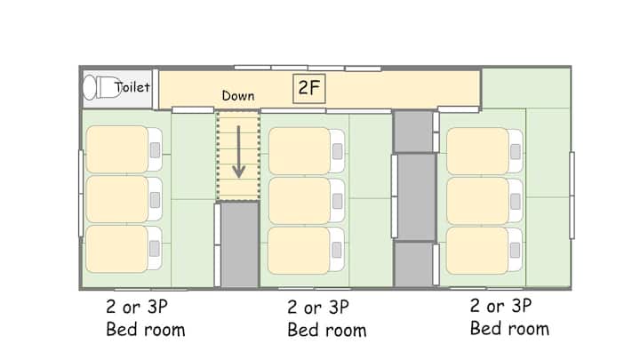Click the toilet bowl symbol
pyautogui.click(x=102, y=87)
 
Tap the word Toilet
pyautogui.click(x=132, y=87)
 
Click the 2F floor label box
pyautogui.click(x=309, y=88)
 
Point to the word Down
pyautogui.click(x=238, y=96)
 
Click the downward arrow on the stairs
pyautogui.click(x=239, y=152)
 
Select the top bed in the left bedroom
pyautogui.click(x=124, y=149)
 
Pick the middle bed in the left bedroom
pyautogui.click(x=124, y=199)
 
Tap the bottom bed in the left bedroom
pyautogui.click(x=124, y=249)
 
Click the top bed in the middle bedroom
pyautogui.click(x=307, y=151)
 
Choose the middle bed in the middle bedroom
pyautogui.click(x=307, y=201)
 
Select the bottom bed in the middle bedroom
pyautogui.click(x=306, y=250)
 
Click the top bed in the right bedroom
pyautogui.click(x=484, y=151)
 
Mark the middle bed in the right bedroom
pyautogui.click(x=484, y=201)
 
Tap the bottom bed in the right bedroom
pyautogui.click(x=484, y=251)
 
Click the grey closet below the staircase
pyautogui.click(x=239, y=245)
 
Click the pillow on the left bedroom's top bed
pyautogui.click(x=155, y=150)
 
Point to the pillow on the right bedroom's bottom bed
pyautogui.click(x=515, y=251)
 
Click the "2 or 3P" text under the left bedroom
pyautogui.click(x=137, y=307)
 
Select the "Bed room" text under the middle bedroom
pyautogui.click(x=327, y=330)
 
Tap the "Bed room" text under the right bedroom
pyautogui.click(x=509, y=329)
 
